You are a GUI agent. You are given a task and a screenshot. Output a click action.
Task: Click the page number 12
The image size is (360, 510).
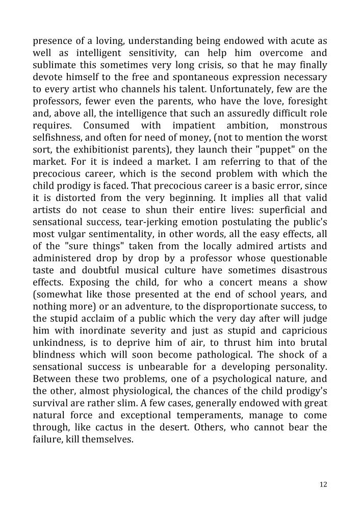323,484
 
